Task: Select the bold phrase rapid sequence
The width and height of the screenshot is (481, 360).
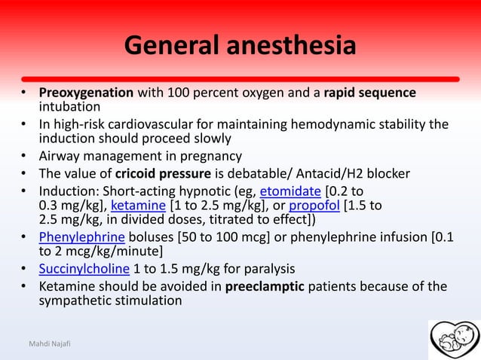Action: point(369,93)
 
